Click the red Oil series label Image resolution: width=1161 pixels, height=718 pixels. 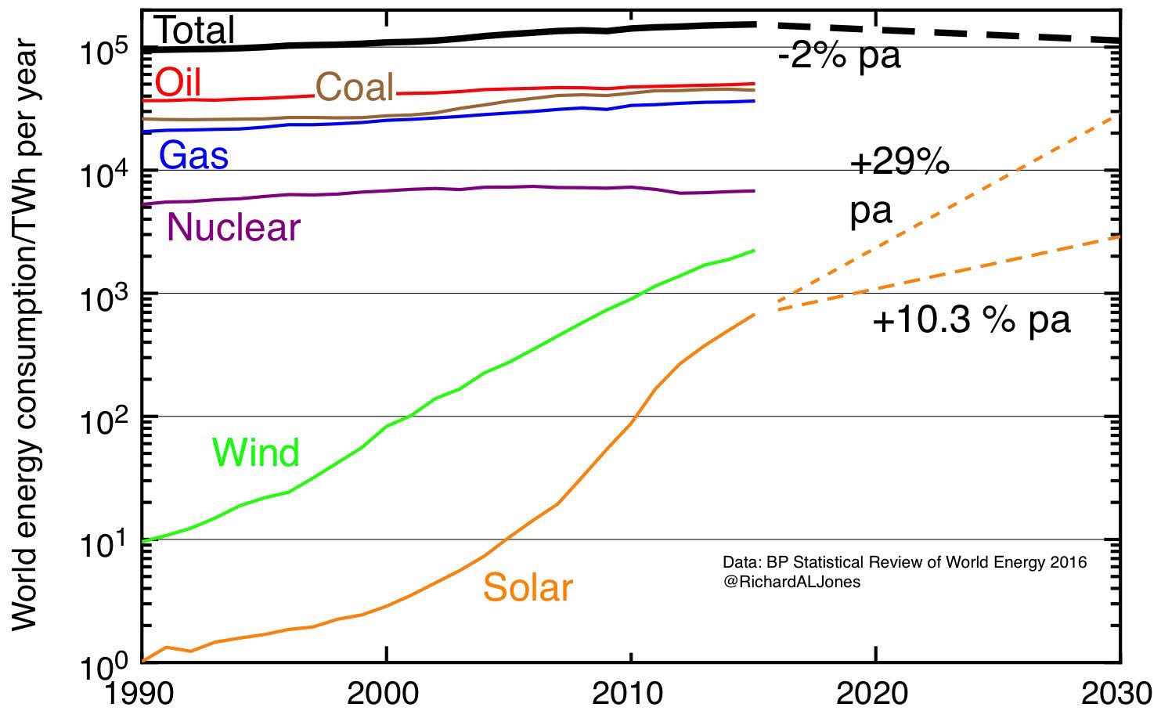[178, 83]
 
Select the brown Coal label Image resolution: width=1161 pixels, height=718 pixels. [354, 87]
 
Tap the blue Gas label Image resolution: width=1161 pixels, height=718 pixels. [193, 155]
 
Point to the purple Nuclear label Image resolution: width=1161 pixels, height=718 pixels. [233, 227]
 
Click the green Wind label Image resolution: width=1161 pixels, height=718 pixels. [255, 453]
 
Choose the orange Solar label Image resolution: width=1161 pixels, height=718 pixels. [528, 587]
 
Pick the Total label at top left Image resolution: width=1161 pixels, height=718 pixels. [195, 31]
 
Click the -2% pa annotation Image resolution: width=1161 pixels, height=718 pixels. [838, 56]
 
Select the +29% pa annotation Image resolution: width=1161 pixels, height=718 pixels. [899, 188]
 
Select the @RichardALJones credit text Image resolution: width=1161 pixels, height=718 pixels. [791, 583]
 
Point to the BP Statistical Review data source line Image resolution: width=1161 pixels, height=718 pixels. [904, 562]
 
